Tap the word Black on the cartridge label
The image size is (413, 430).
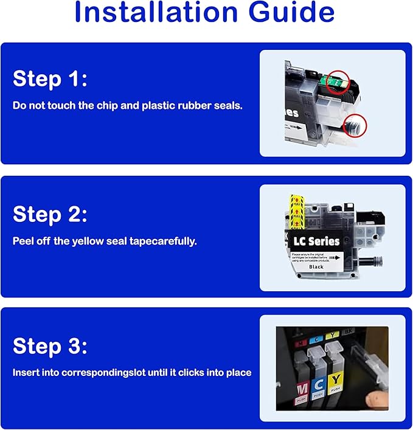(x=316, y=266)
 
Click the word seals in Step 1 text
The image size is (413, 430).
(x=230, y=106)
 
